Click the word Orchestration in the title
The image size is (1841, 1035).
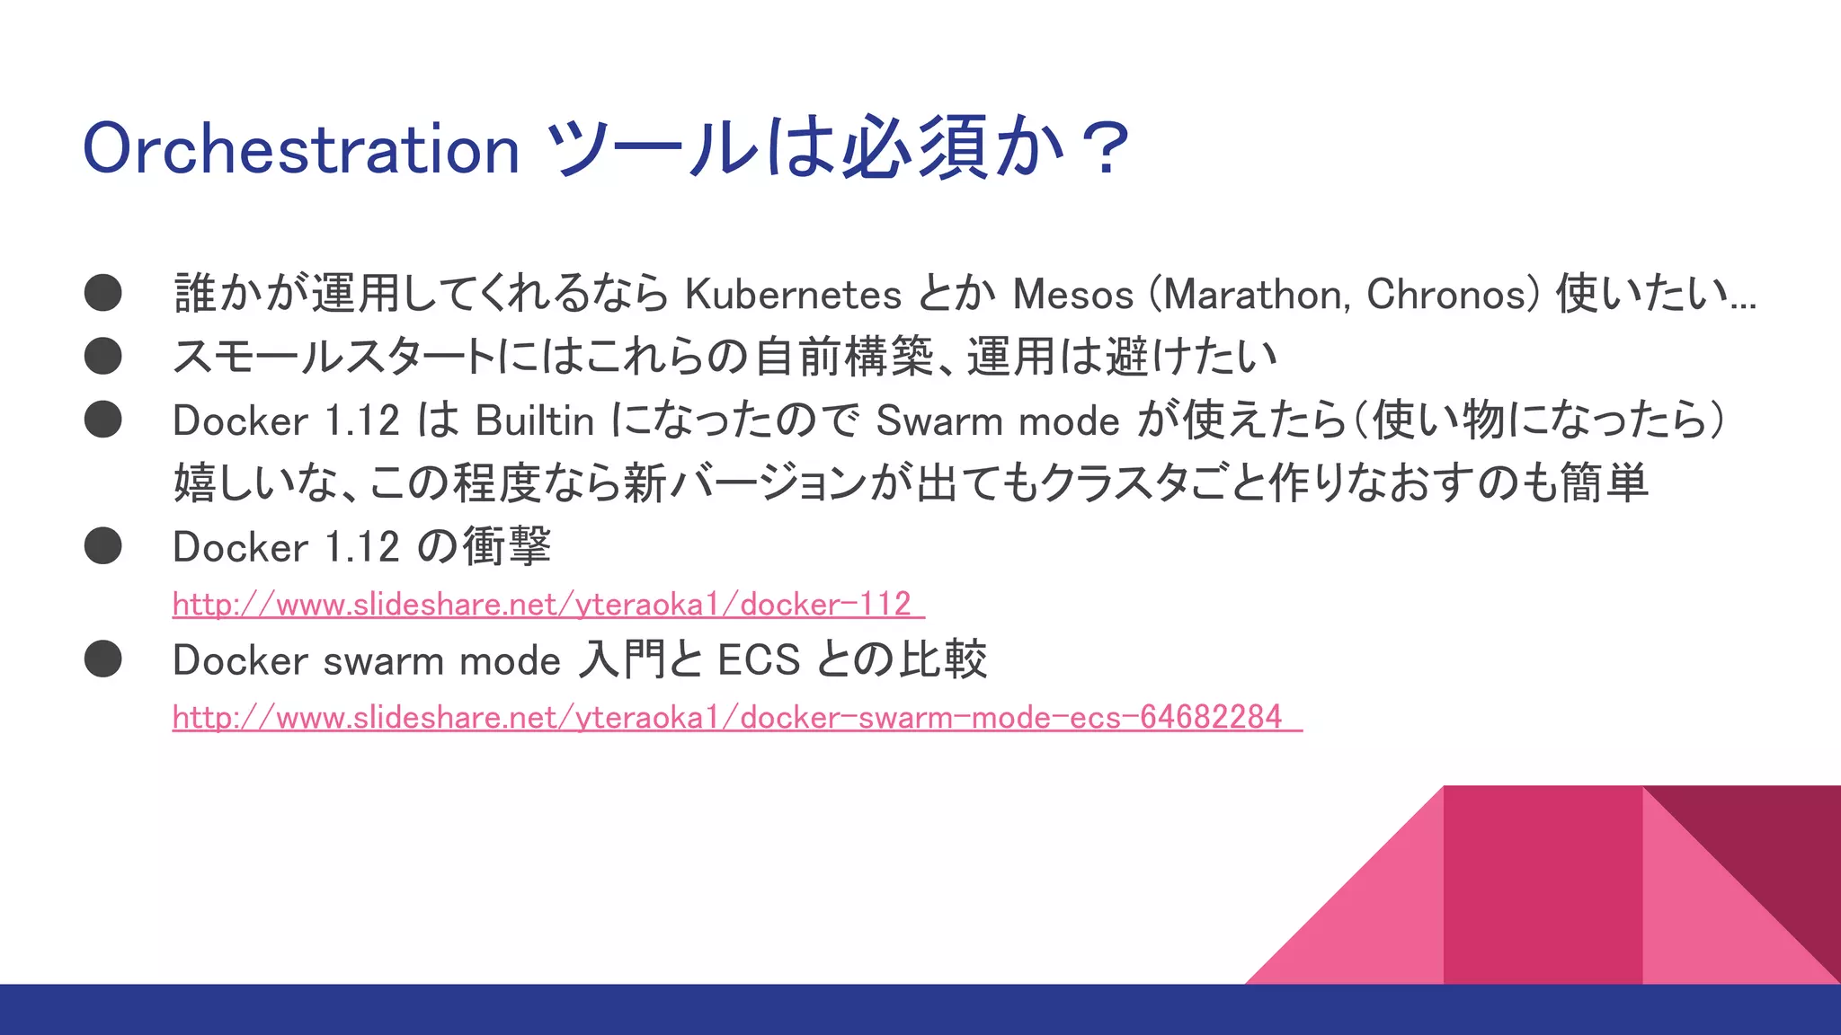(301, 149)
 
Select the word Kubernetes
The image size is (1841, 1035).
(793, 295)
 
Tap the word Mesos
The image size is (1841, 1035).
(1073, 295)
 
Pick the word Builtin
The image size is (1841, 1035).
(535, 421)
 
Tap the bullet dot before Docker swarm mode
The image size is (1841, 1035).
(103, 659)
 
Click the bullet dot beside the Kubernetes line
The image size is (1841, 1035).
(103, 293)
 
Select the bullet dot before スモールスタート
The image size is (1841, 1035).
(103, 356)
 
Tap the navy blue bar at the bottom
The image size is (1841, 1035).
(920, 1010)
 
